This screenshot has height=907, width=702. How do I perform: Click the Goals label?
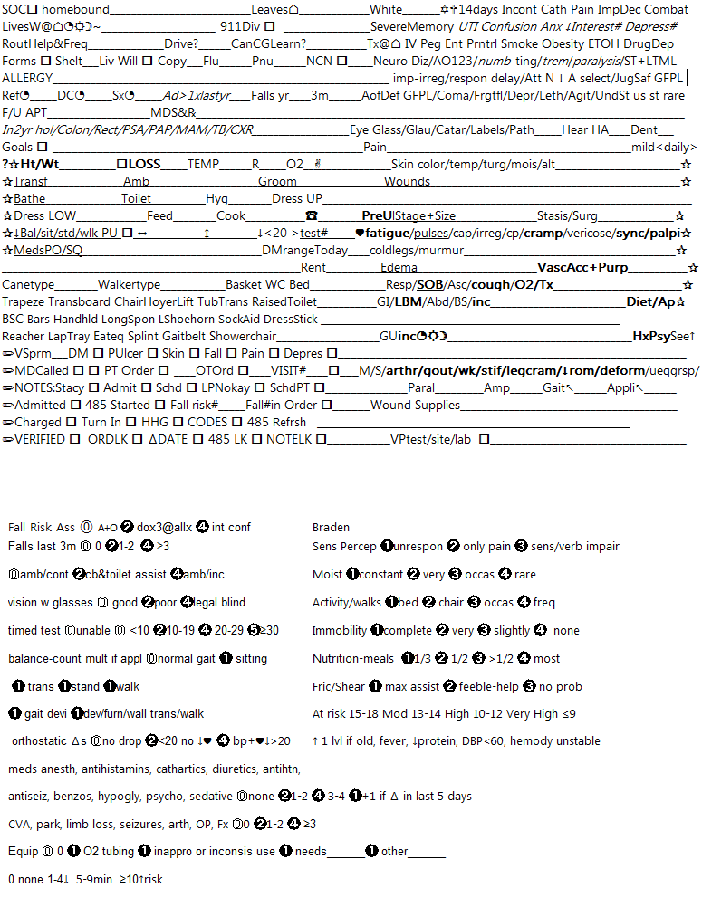click(17, 147)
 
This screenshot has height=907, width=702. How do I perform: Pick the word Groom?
click(277, 182)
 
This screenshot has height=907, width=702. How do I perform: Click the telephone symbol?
click(312, 216)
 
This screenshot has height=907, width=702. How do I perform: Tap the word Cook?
click(231, 216)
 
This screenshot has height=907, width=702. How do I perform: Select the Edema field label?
click(399, 268)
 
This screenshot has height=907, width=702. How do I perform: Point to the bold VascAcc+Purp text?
click(582, 268)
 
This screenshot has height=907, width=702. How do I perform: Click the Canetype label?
click(28, 285)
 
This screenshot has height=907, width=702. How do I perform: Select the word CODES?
click(207, 423)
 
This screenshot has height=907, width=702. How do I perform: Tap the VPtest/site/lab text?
click(430, 440)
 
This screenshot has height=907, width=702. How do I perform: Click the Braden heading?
click(331, 528)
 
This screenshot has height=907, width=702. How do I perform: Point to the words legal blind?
click(219, 603)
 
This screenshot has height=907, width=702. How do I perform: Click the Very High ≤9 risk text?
click(545, 714)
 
